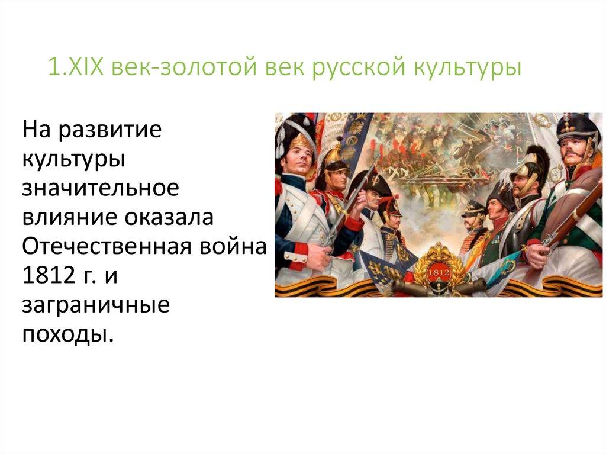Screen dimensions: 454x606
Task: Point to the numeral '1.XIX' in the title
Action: point(75,67)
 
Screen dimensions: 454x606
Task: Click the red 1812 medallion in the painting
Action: point(439,270)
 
